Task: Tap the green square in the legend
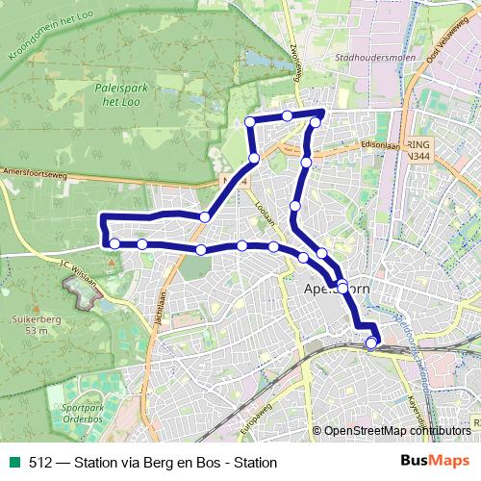(13, 461)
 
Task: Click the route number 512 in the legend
(39, 461)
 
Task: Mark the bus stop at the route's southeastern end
(372, 342)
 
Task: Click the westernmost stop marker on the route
(114, 243)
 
